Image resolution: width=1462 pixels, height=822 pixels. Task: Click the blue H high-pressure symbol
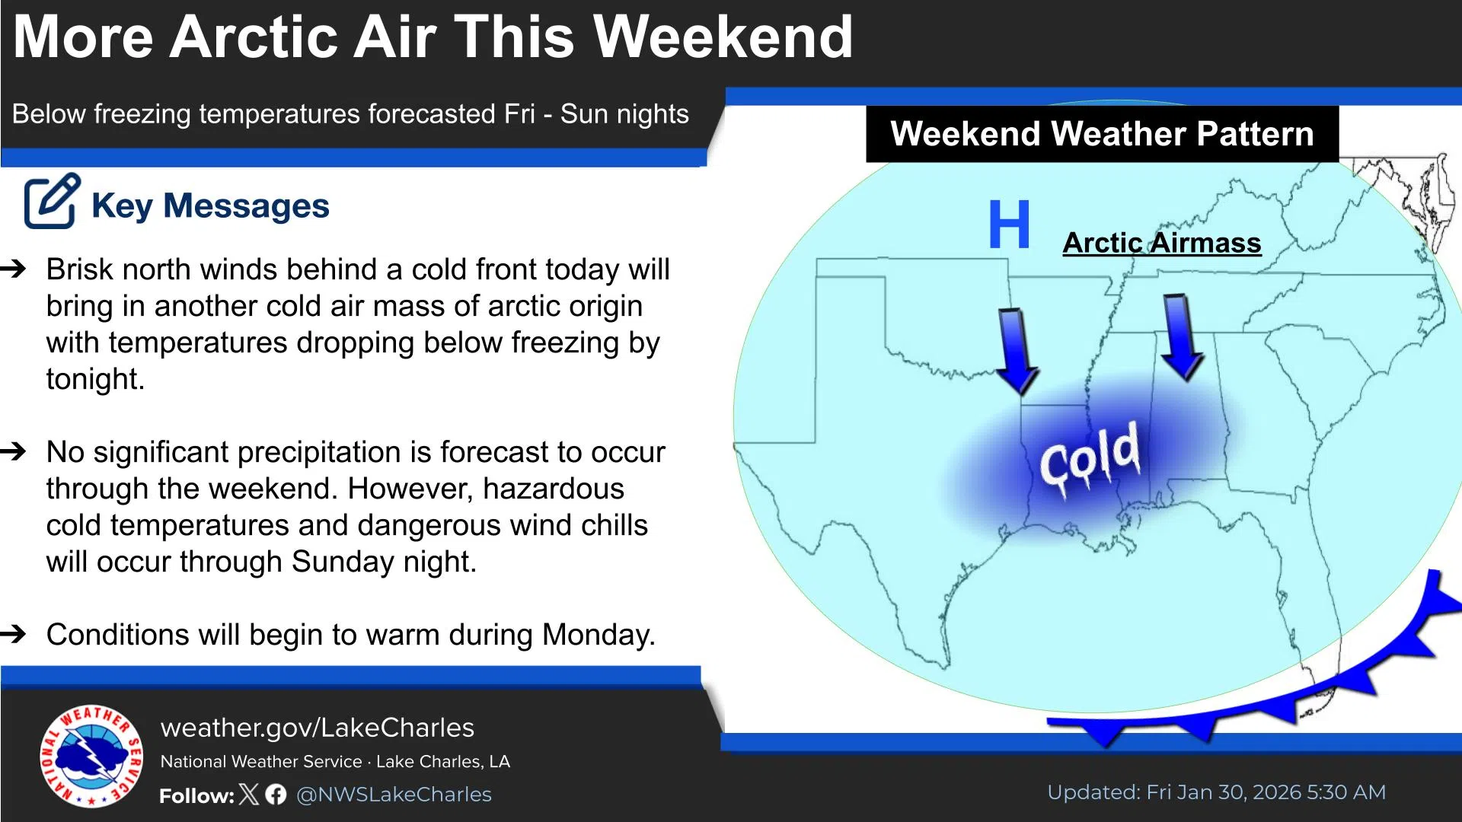point(1009,225)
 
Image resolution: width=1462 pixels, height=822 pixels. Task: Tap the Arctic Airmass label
point(1161,243)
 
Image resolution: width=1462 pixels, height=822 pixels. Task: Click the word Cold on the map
point(1090,457)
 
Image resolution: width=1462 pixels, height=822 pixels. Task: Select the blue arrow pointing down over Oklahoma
point(1017,350)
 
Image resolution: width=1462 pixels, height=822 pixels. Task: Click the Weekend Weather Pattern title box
point(1102,134)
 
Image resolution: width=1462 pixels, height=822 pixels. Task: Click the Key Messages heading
point(210,205)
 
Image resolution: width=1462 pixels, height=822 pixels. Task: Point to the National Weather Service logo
point(91,756)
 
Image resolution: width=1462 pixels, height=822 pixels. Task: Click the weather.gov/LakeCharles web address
point(317,728)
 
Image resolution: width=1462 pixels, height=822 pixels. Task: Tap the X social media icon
point(249,795)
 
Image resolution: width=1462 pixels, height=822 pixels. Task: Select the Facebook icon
point(276,795)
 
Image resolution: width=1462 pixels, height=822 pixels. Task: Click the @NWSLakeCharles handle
point(394,795)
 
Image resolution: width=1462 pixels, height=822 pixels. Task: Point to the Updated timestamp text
point(1216,792)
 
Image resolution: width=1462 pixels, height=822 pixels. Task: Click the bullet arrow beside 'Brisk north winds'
point(14,269)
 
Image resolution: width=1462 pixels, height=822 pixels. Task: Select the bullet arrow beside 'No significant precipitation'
point(14,451)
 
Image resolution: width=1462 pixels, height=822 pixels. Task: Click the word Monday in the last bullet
point(598,635)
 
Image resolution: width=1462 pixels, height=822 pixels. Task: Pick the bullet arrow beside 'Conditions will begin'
point(14,634)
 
